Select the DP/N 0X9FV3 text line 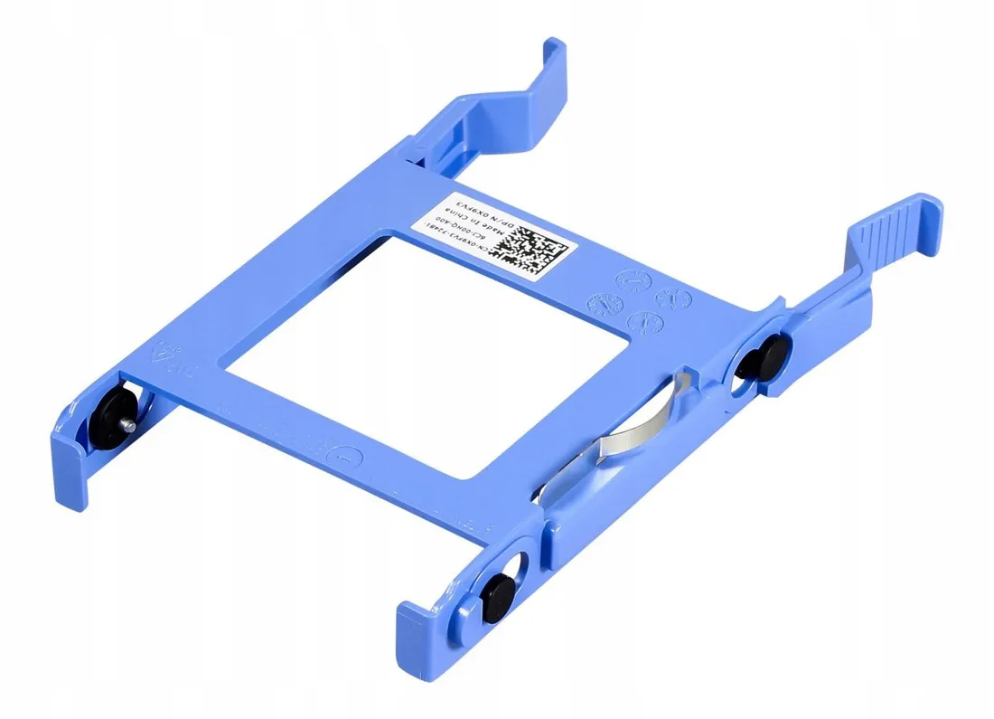click(x=478, y=217)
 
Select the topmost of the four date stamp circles click(x=630, y=281)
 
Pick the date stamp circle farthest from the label click(x=671, y=298)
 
